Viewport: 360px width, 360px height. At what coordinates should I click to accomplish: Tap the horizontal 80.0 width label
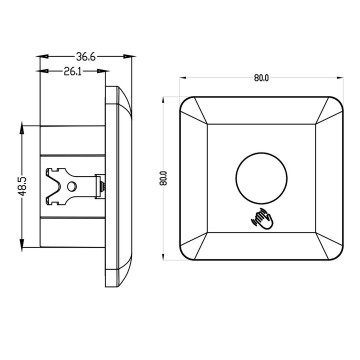261,77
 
